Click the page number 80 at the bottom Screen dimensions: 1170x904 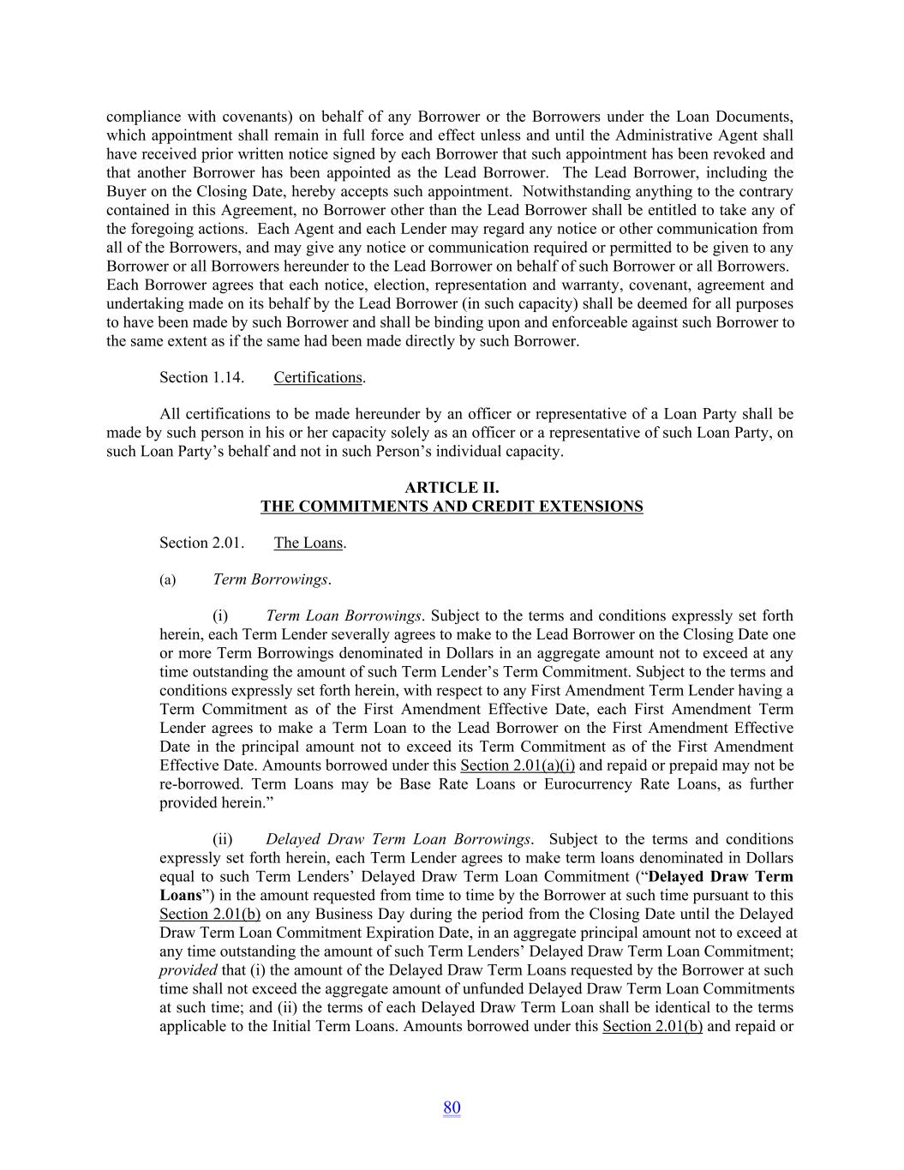[x=452, y=1108]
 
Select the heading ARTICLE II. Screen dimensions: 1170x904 [x=452, y=488]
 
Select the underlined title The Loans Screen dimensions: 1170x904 [x=308, y=543]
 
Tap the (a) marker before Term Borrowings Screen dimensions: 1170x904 [x=167, y=580]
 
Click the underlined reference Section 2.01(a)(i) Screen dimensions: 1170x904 [x=517, y=765]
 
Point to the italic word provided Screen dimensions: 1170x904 [x=188, y=970]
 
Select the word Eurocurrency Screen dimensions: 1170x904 [x=585, y=784]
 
